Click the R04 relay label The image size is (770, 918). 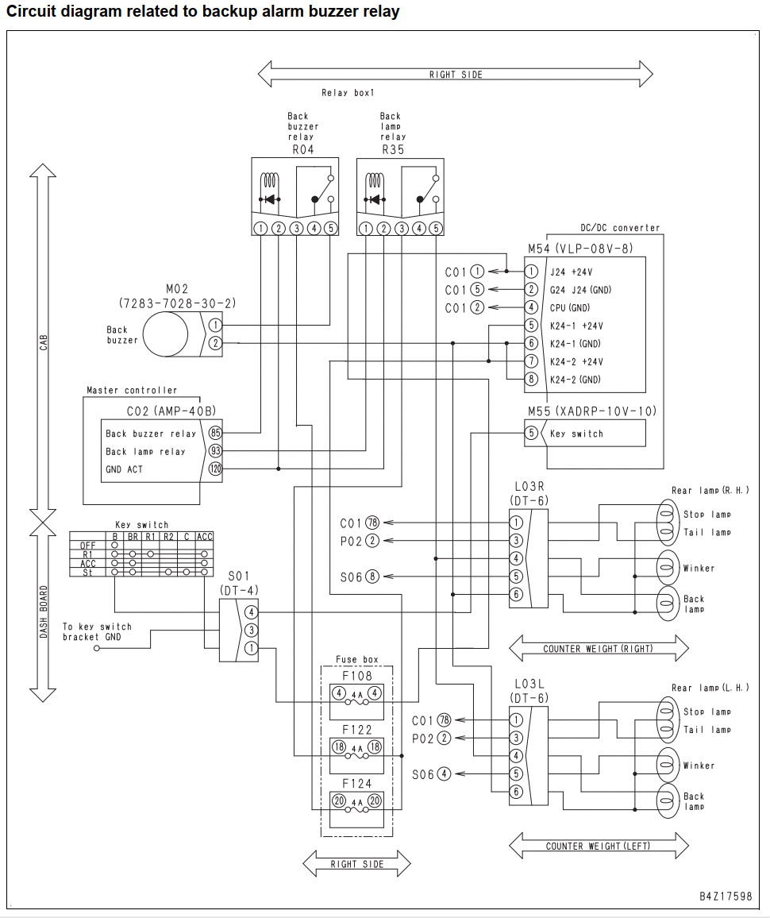(x=303, y=150)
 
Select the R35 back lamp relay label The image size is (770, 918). (x=393, y=150)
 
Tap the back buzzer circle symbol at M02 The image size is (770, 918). (x=166, y=334)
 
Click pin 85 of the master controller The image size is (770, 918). (x=215, y=434)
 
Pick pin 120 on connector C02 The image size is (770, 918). (x=215, y=469)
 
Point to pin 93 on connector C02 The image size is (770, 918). (x=215, y=451)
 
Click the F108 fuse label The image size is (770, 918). (x=357, y=676)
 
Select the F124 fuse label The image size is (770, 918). (x=357, y=783)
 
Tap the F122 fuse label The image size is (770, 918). (x=357, y=730)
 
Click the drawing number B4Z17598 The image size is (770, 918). (x=726, y=897)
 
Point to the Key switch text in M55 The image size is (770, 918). (x=576, y=434)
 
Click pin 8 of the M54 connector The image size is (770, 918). (x=531, y=380)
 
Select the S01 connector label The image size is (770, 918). (x=239, y=576)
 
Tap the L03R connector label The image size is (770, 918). (x=529, y=487)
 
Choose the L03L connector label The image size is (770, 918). (x=529, y=684)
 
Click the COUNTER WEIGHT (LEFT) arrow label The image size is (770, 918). (x=598, y=846)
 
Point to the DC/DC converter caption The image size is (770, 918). (x=620, y=228)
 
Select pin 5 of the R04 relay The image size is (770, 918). (x=331, y=228)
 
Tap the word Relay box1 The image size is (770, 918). (x=348, y=92)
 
